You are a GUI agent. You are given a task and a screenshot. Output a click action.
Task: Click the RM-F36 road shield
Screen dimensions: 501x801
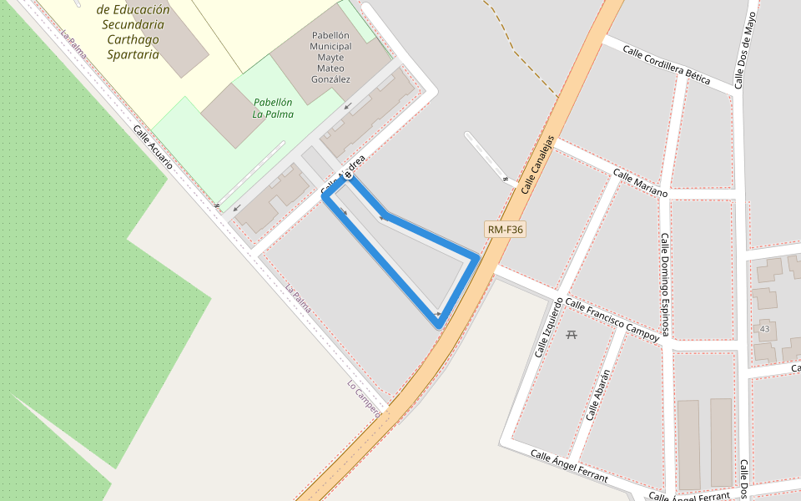click(505, 229)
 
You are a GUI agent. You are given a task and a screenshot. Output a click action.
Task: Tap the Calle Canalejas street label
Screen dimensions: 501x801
click(538, 164)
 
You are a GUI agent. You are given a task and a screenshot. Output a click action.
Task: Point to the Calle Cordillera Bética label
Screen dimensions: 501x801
click(666, 64)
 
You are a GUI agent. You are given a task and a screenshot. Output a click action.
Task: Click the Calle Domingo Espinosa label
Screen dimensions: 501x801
click(665, 284)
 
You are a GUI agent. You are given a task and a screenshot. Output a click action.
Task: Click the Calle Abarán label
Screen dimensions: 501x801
click(598, 394)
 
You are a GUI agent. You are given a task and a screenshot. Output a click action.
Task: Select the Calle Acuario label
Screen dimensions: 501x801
click(153, 148)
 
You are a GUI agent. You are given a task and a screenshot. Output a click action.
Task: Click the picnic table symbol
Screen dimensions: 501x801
click(572, 335)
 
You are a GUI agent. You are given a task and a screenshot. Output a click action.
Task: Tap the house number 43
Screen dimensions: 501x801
click(764, 329)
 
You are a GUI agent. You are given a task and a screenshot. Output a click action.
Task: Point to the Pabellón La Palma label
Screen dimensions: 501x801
click(273, 108)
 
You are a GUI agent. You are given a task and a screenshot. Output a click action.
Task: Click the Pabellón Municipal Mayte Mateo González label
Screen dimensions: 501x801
click(330, 57)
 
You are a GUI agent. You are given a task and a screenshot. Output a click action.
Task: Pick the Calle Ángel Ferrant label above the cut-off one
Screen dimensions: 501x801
click(569, 466)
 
